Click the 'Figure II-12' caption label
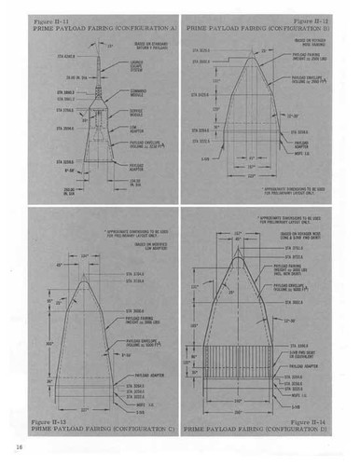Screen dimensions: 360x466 [x=314, y=17]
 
